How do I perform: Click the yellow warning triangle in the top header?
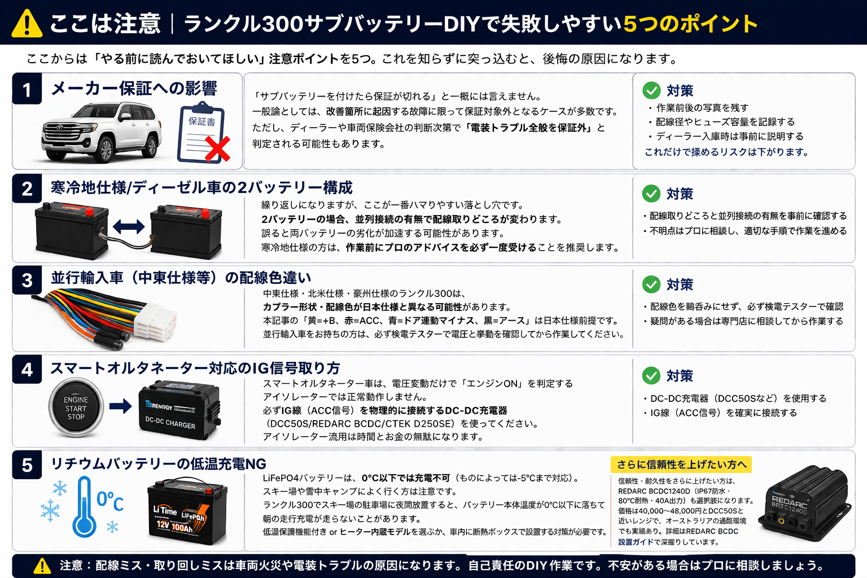click(27, 24)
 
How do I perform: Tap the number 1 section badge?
click(27, 89)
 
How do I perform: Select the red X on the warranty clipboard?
click(217, 148)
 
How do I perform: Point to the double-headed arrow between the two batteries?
click(129, 226)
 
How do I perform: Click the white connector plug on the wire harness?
click(155, 321)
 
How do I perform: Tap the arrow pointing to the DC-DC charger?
click(120, 406)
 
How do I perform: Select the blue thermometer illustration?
click(84, 506)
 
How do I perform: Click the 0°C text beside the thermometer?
click(110, 502)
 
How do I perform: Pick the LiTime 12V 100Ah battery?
click(187, 511)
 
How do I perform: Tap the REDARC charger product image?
click(804, 503)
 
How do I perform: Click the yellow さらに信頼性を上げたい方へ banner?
click(681, 464)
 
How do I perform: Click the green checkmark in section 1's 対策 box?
click(651, 90)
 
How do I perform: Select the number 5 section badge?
click(27, 465)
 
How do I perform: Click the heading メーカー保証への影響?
click(134, 89)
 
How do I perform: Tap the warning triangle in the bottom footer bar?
click(42, 566)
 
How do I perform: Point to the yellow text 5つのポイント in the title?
click(690, 24)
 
